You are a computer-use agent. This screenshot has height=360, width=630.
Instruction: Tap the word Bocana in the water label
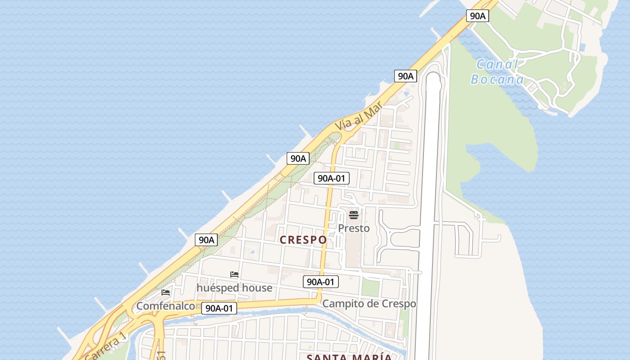(x=497, y=80)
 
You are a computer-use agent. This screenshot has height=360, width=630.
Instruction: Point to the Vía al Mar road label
(x=359, y=116)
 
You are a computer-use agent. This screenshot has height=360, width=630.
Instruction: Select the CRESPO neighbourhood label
(x=303, y=240)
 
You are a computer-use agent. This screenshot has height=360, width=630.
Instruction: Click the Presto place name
(x=354, y=228)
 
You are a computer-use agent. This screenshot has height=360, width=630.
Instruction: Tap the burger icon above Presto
(x=354, y=215)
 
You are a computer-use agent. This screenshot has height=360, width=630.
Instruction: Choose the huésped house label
(x=234, y=288)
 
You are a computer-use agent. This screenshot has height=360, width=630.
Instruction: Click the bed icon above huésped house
(x=234, y=274)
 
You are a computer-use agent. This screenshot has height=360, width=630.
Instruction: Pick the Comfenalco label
(x=166, y=306)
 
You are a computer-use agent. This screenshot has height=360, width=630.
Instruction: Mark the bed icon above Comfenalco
(x=166, y=292)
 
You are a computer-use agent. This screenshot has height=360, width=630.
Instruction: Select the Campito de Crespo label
(x=369, y=304)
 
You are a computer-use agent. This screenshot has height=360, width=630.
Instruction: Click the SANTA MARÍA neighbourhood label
(x=349, y=357)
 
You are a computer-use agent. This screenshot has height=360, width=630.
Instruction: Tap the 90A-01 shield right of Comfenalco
(x=219, y=308)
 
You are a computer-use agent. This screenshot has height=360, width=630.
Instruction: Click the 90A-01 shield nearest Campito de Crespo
(x=320, y=282)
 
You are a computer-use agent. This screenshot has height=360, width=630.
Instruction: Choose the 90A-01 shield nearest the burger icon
(x=331, y=178)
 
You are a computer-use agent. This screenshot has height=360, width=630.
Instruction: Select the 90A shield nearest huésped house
(x=207, y=240)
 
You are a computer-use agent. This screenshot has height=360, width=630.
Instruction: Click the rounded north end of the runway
(x=432, y=77)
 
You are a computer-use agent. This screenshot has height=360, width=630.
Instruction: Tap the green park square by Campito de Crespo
(x=370, y=288)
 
